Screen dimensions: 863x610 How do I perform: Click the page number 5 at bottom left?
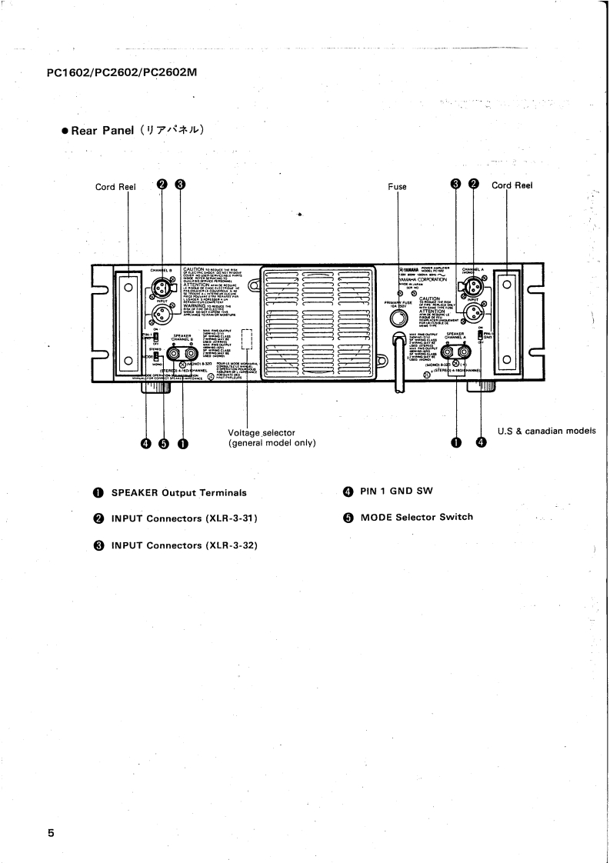(x=51, y=833)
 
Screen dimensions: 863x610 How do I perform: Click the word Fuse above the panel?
(x=397, y=186)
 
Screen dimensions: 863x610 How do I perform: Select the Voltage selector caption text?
(x=262, y=433)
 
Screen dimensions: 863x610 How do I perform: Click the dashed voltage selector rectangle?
(x=246, y=339)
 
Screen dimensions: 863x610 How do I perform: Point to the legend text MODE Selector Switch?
(x=416, y=517)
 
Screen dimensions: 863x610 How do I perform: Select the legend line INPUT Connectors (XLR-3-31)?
(x=184, y=518)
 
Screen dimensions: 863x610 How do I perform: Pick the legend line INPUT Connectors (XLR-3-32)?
(x=184, y=545)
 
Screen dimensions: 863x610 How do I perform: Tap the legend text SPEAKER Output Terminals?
(x=178, y=492)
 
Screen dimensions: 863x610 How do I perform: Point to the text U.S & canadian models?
(x=547, y=431)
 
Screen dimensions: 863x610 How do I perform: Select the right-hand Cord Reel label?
(x=512, y=185)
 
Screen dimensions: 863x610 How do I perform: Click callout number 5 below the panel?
(x=163, y=443)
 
